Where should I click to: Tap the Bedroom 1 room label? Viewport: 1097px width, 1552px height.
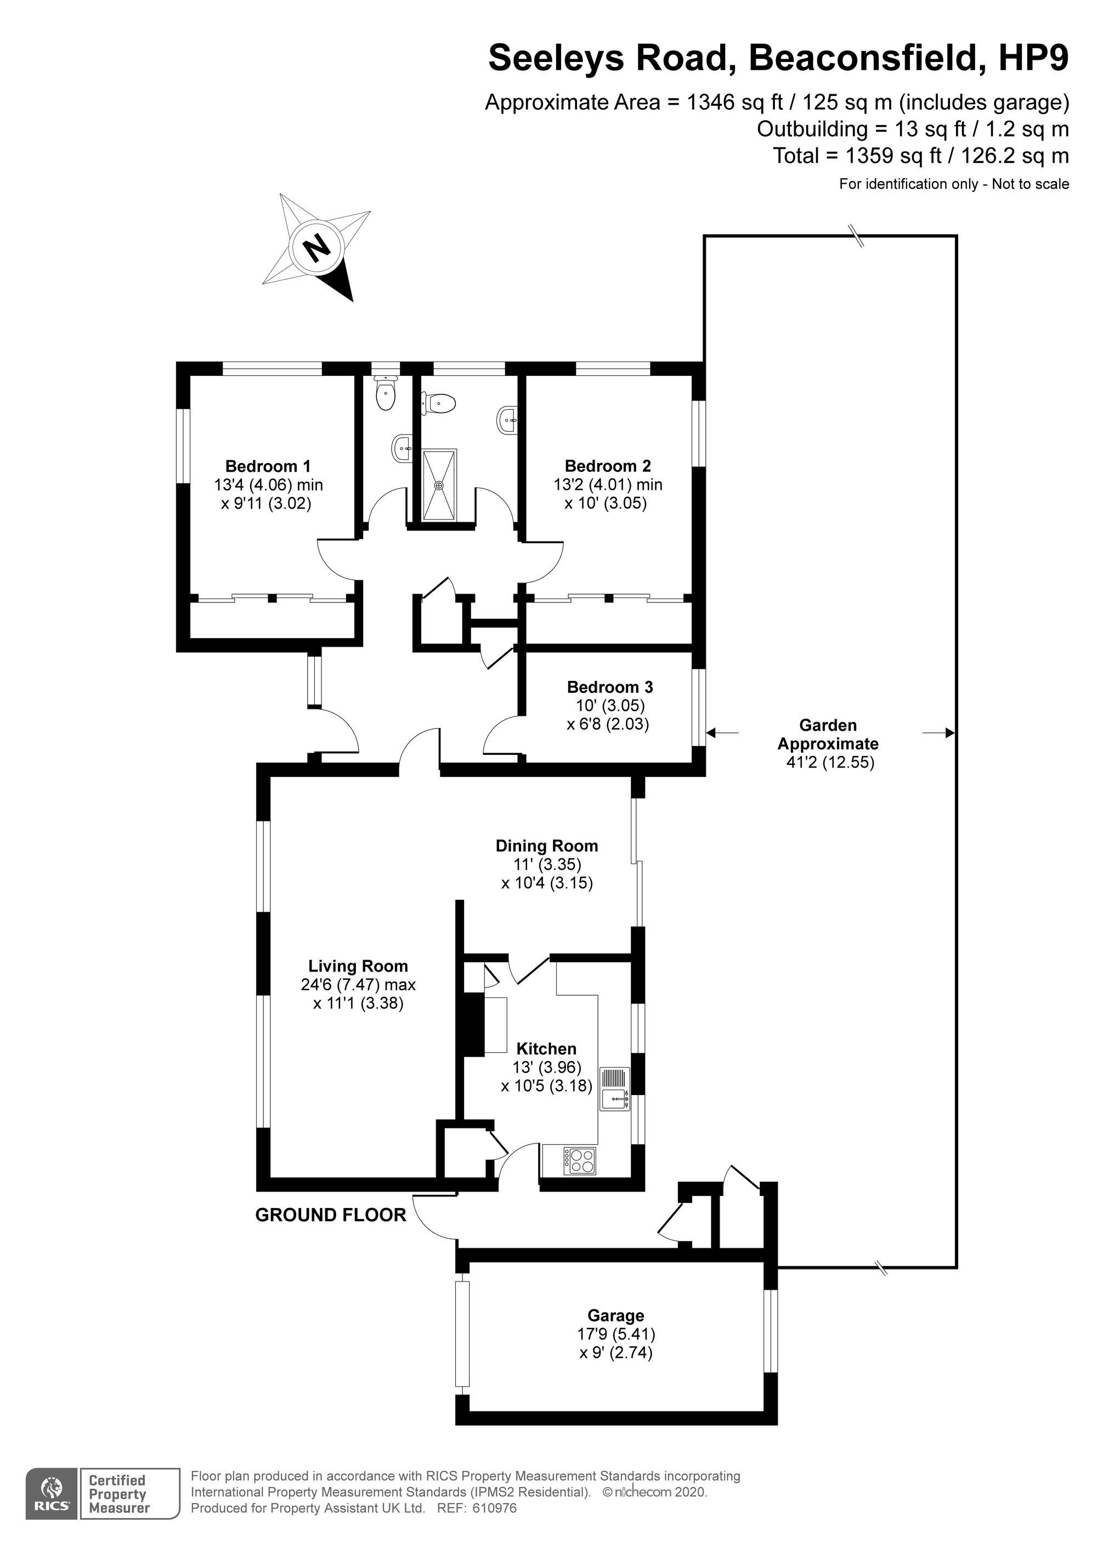coord(268,466)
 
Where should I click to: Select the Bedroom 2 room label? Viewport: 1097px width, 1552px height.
coord(608,466)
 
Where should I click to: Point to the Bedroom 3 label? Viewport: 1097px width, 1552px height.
coord(610,687)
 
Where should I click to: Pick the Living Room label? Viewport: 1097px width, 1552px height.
coord(358,966)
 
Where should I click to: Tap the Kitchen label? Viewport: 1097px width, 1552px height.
coord(546,1048)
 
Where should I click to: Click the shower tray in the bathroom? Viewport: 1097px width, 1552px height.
coord(439,484)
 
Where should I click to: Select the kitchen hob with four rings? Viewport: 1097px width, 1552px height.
coord(580,1161)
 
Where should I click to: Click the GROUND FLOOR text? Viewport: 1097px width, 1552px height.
coord(331,1215)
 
